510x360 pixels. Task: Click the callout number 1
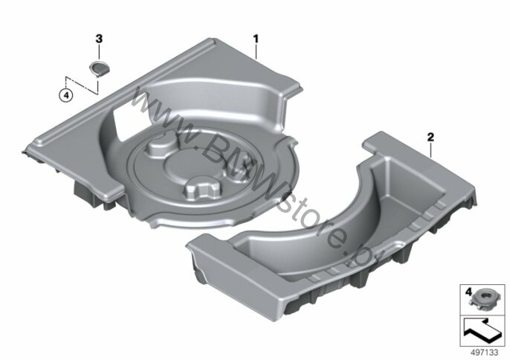click(x=256, y=39)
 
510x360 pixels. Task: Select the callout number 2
click(x=430, y=137)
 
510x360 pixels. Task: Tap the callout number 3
click(x=99, y=39)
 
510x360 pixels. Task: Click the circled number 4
click(x=66, y=95)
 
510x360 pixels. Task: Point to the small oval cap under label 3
click(x=99, y=68)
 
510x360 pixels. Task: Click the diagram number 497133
click(x=485, y=353)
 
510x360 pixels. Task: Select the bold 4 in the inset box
click(x=468, y=292)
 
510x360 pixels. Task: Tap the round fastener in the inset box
click(x=484, y=300)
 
